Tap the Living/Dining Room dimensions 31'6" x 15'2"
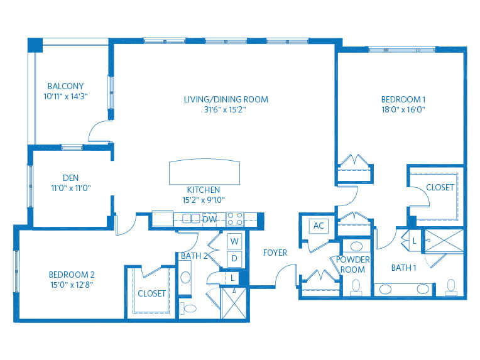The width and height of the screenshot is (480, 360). pos(226,109)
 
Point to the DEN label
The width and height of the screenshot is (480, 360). pos(70,178)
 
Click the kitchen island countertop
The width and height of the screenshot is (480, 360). pos(205,171)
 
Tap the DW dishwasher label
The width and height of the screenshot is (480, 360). pos(210,219)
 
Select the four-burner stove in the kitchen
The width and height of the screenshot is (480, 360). pos(235,219)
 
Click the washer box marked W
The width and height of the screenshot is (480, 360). pos(234,241)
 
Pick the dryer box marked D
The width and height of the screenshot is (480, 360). pos(234,258)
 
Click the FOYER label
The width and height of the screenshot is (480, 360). pos(275,253)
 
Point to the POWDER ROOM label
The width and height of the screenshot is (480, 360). pos(353,265)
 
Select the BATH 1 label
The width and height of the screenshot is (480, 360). pos(404,268)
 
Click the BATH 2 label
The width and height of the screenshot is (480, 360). pos(194,256)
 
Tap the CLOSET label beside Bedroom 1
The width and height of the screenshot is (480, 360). pos(440,187)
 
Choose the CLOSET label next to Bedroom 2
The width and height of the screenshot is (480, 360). pos(151,293)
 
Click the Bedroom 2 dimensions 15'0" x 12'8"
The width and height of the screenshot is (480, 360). pos(72,285)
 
